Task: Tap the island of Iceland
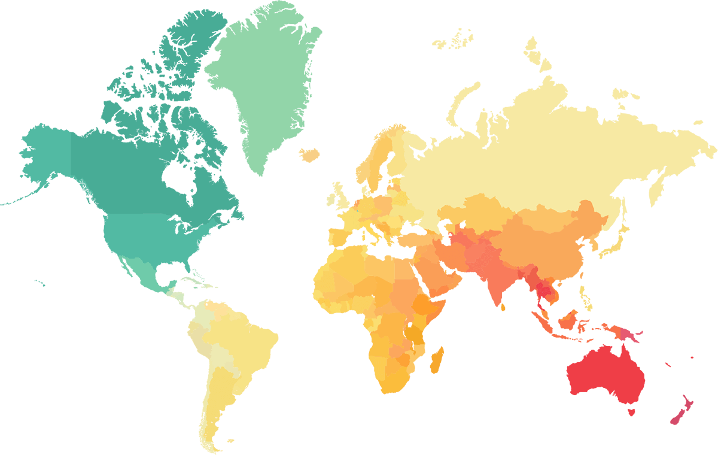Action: (x=310, y=156)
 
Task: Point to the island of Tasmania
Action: (x=630, y=412)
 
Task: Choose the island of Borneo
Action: (x=571, y=320)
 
